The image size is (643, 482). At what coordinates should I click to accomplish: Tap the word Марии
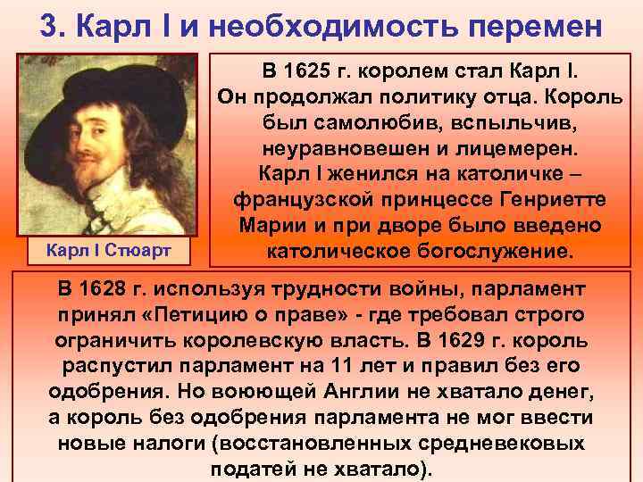265,224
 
